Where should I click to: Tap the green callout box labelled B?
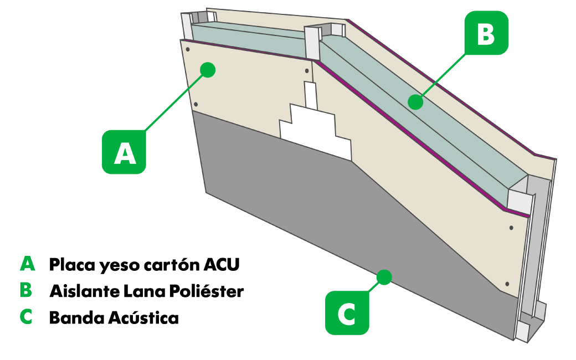(486, 33)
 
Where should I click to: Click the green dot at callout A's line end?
(208, 69)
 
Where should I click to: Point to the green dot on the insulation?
(415, 102)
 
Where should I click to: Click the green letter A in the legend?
(27, 264)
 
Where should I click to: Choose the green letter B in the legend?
(26, 290)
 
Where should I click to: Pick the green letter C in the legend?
(26, 317)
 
